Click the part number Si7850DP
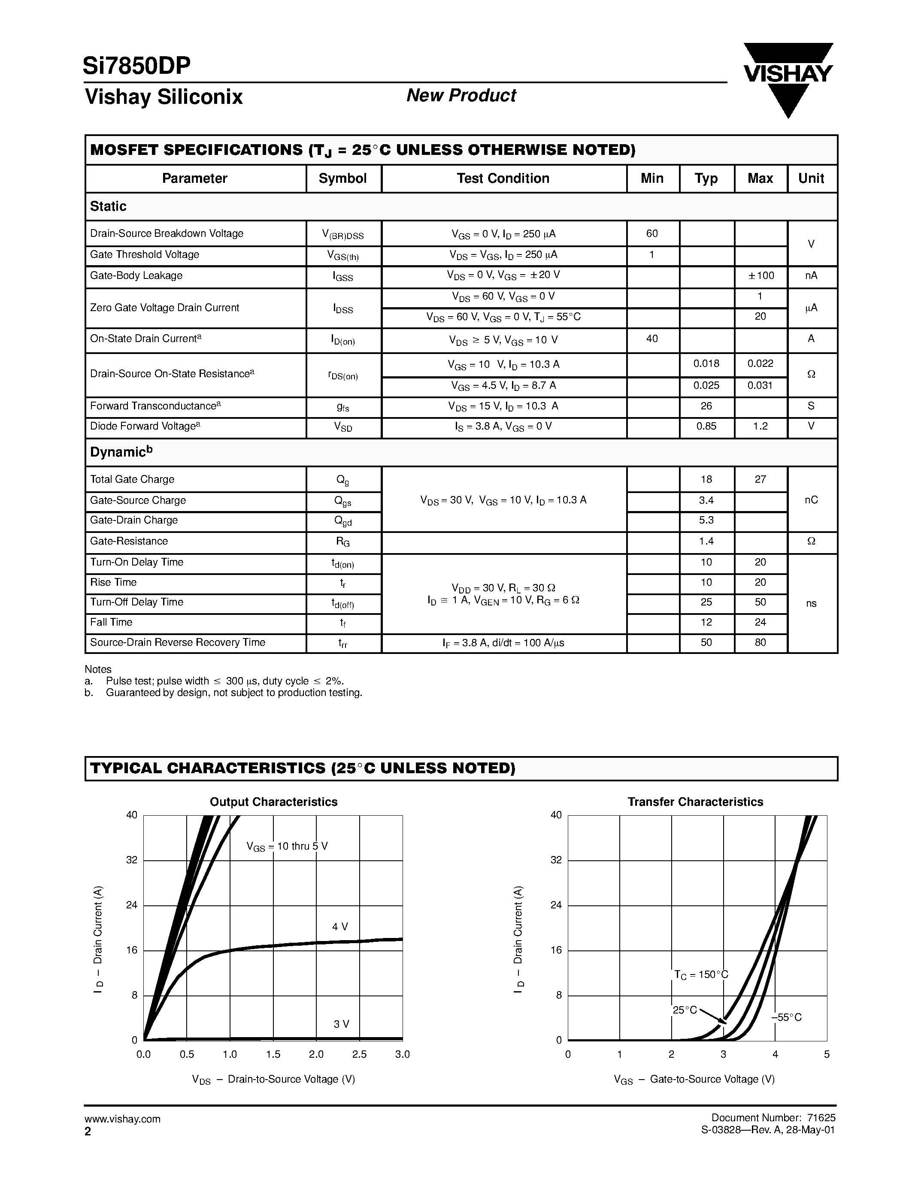point(136,66)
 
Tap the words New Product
point(461,96)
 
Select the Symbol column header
point(342,179)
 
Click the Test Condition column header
point(503,179)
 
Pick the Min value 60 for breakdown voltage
point(651,233)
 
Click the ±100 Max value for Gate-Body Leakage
point(760,276)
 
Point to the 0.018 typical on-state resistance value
point(706,363)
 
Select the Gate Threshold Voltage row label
point(144,254)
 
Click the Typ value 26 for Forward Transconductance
point(706,406)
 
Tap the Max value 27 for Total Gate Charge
point(760,479)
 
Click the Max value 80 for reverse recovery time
point(760,642)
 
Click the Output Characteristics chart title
point(273,802)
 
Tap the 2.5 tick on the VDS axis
point(359,1054)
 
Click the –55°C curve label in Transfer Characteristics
point(787,1018)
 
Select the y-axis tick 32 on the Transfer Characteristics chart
point(556,860)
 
